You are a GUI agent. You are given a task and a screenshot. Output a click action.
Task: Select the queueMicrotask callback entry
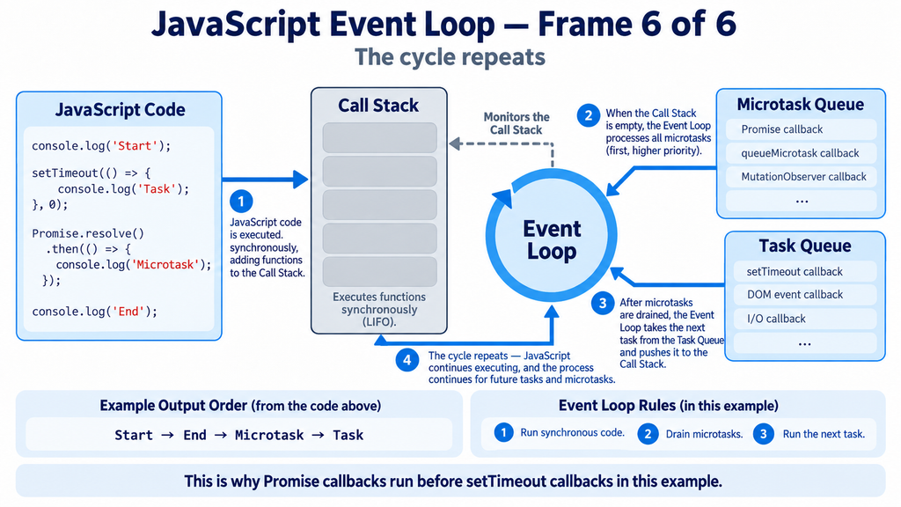(800, 153)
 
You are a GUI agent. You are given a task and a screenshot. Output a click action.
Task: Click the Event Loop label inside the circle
(552, 239)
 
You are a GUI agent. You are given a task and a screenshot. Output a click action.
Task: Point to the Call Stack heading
(378, 106)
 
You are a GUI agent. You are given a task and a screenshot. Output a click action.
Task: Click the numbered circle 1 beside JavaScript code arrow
(241, 202)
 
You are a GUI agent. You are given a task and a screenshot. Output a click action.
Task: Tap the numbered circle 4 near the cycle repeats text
(407, 360)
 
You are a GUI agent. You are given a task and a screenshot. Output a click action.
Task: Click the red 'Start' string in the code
(135, 146)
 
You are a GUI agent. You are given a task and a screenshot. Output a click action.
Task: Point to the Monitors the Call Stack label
(516, 123)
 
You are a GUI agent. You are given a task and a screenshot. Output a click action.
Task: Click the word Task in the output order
(348, 435)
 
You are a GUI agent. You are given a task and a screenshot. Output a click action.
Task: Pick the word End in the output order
(194, 435)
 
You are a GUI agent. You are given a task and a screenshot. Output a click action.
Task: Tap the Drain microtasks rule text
(704, 434)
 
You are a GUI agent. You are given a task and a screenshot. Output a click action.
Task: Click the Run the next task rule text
(824, 434)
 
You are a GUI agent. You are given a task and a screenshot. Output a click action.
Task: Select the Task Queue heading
(804, 246)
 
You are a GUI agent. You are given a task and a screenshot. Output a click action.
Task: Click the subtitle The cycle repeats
(450, 57)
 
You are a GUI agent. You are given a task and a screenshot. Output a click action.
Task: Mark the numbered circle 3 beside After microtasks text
(603, 303)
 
